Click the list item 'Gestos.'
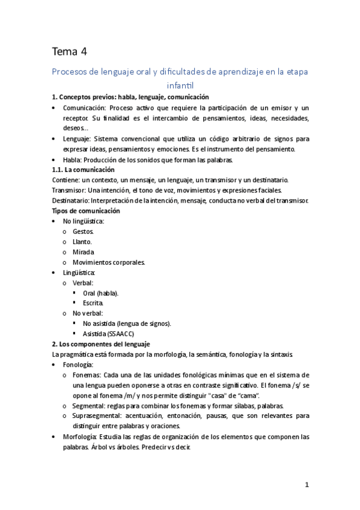(83, 232)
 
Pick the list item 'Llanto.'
(82, 242)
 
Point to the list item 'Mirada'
(84, 252)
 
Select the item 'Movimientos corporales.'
(109, 262)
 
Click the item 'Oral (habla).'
(100, 293)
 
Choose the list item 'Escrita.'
(93, 303)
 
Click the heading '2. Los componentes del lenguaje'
(101, 344)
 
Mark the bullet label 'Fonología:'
(78, 364)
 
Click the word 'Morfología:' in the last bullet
(81, 437)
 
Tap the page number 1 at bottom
(306, 485)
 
